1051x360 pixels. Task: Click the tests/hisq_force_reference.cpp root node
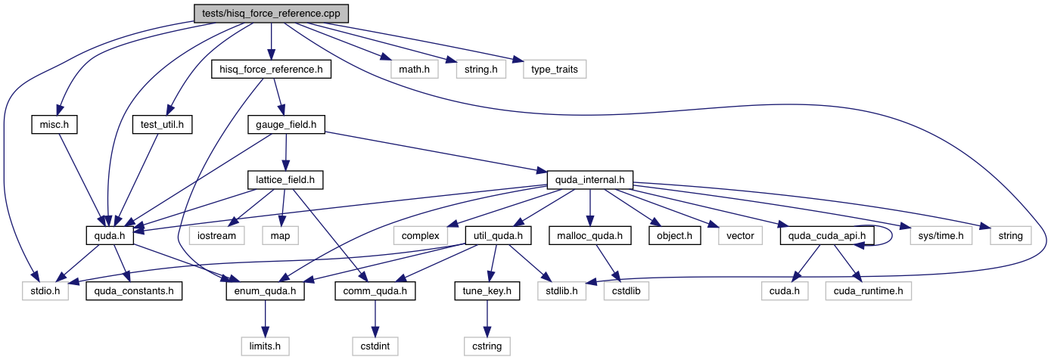click(270, 13)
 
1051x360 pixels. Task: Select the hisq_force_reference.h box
click(270, 70)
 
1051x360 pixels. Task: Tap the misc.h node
click(55, 124)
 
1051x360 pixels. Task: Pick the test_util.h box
click(163, 124)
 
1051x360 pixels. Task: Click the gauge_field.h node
click(286, 124)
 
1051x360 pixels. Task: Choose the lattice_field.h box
click(285, 180)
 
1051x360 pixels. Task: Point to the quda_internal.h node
click(590, 180)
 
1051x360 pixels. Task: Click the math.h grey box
click(415, 70)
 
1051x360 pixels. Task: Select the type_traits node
click(555, 70)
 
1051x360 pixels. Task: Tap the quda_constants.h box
click(134, 291)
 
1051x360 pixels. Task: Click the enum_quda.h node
click(265, 291)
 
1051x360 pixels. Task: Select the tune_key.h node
click(487, 291)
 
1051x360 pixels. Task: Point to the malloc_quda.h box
click(590, 236)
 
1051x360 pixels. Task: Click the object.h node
click(673, 236)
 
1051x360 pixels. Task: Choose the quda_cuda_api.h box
click(827, 236)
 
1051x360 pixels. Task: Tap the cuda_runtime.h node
click(869, 291)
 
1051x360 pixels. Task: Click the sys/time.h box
click(935, 236)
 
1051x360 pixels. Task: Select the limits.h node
click(264, 346)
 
